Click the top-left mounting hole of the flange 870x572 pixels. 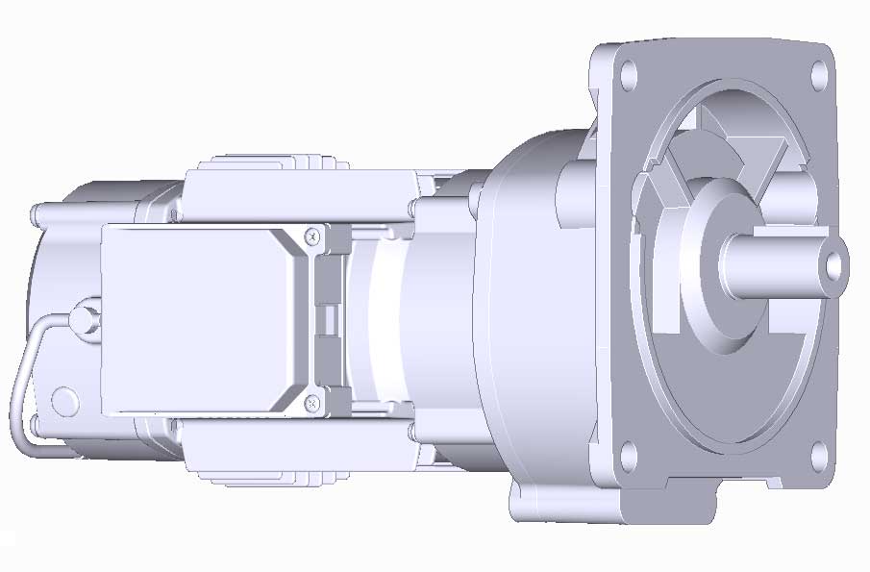[x=628, y=73]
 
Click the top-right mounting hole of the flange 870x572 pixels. [x=818, y=73]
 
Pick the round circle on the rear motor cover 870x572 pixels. [x=64, y=400]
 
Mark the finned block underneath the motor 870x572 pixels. [x=279, y=452]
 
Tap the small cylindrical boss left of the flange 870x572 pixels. [x=574, y=192]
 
